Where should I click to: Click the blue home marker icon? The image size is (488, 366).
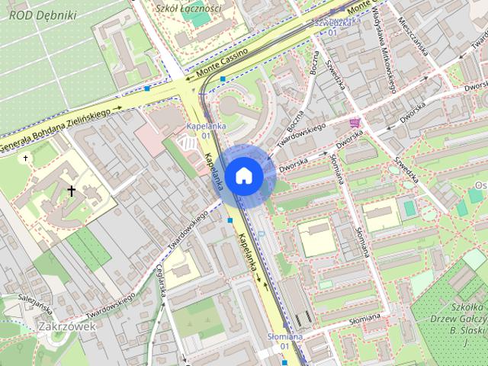pos(243,175)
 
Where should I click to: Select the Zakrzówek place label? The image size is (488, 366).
pos(66,326)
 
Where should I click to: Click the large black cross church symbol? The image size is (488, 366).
pos(72,191)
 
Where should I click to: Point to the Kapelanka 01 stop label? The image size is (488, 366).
pos(197,130)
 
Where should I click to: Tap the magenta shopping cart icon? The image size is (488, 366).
pos(355,122)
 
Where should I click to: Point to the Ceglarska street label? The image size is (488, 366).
pos(161,281)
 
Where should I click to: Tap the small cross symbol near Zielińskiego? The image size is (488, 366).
pos(25,158)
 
